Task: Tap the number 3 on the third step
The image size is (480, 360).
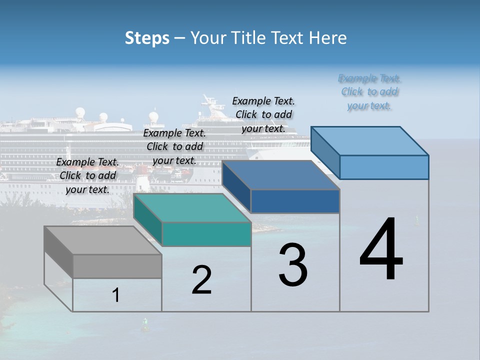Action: coord(293,265)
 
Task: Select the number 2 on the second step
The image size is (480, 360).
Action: coord(201,280)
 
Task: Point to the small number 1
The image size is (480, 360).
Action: coord(116,295)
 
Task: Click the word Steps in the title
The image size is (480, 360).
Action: coord(147,38)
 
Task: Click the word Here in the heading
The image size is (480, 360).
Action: coord(328,38)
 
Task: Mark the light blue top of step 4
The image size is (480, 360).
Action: coord(370,141)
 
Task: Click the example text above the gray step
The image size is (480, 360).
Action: coord(87,175)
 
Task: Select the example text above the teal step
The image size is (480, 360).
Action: coord(174,146)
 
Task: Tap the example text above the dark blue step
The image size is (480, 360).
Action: coord(263,114)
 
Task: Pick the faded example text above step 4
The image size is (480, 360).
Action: coord(369,92)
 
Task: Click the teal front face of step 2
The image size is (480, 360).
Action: coord(206,234)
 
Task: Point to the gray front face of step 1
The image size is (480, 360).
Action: coord(117,266)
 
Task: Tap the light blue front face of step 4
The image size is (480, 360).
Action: coord(384,167)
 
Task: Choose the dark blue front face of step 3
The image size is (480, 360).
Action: coord(295,201)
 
